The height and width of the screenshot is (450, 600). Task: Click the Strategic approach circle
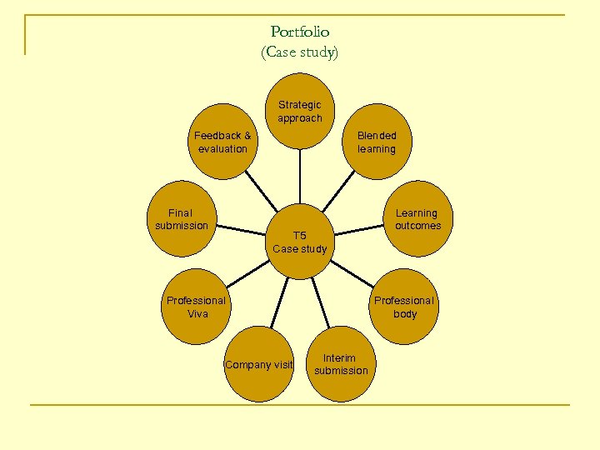pos(300,112)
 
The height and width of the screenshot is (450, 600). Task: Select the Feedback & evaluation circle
pos(222,142)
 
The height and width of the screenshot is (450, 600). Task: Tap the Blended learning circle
pos(377,142)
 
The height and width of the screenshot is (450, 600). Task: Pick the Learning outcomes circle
pos(417,218)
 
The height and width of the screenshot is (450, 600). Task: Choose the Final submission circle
pos(181,218)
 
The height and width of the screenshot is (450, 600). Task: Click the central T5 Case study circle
pos(300,242)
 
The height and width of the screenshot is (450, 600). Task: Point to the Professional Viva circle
pos(196,307)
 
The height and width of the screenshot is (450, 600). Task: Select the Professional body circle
pos(404,307)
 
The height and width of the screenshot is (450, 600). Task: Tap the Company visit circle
pos(259,364)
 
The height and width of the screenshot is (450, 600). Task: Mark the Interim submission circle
pos(341,364)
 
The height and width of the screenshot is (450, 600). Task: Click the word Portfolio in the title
pos(300,32)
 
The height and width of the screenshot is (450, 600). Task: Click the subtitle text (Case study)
pos(300,52)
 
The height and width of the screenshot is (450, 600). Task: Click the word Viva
pos(197,314)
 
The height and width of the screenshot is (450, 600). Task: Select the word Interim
pos(339,358)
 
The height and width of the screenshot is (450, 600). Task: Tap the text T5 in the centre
pos(300,235)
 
